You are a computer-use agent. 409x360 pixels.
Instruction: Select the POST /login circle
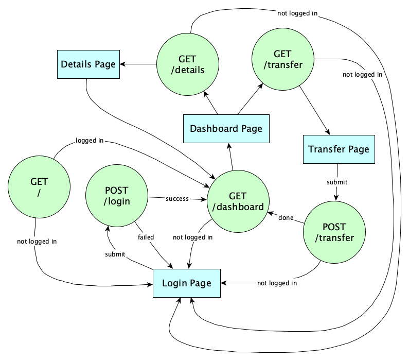pos(117,194)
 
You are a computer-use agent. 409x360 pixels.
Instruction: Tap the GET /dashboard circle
pos(238,201)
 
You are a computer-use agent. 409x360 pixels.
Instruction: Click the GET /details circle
pos(187,64)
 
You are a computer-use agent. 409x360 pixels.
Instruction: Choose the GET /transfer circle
pos(282,60)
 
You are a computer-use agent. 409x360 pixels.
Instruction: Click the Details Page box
pos(88,64)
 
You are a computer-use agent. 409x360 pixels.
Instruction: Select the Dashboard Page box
pos(226,128)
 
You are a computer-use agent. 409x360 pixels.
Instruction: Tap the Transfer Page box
pos(338,149)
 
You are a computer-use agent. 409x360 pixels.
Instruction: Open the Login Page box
pos(187,283)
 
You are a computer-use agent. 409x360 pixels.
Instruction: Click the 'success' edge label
pos(176,198)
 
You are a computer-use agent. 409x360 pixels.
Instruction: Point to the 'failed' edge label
pos(146,237)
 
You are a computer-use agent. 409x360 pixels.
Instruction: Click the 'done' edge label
pos(286,218)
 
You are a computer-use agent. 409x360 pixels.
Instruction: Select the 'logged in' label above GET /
pos(90,140)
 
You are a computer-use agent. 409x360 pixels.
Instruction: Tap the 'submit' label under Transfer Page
pos(337,182)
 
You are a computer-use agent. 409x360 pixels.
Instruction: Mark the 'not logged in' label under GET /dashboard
pos(192,237)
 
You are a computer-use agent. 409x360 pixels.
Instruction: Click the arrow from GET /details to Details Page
pos(138,64)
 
